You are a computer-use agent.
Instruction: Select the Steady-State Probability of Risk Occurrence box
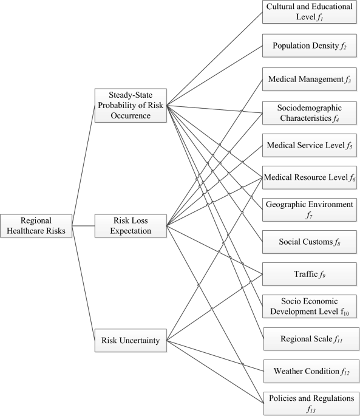pyautogui.click(x=131, y=104)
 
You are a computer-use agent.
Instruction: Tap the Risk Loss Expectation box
pyautogui.click(x=131, y=226)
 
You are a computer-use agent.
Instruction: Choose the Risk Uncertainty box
pyautogui.click(x=131, y=340)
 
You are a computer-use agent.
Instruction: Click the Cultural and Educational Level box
pyautogui.click(x=309, y=12)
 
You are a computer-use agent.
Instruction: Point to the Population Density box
pyautogui.click(x=309, y=45)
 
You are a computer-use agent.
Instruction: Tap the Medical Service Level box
pyautogui.click(x=309, y=146)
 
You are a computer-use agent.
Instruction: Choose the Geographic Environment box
pyautogui.click(x=309, y=210)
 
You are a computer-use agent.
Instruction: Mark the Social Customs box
pyautogui.click(x=309, y=242)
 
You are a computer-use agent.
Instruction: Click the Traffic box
pyautogui.click(x=309, y=274)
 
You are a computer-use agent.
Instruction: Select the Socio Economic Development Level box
pyautogui.click(x=309, y=307)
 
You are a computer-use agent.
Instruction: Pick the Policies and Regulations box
pyautogui.click(x=309, y=403)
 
